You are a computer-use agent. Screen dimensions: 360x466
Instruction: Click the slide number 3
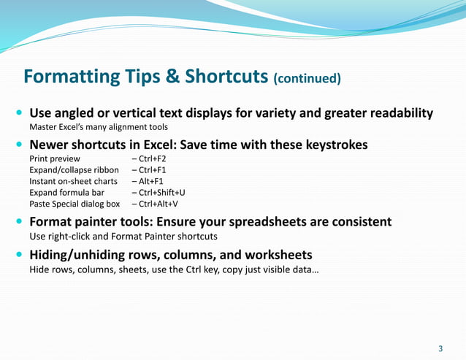[x=440, y=347]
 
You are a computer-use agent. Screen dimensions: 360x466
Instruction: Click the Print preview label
[x=55, y=158]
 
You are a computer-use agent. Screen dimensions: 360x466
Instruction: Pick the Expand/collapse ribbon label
[x=74, y=170]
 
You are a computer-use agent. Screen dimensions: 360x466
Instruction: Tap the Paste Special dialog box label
[x=75, y=204]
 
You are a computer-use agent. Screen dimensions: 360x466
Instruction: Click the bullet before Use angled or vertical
[x=19, y=114]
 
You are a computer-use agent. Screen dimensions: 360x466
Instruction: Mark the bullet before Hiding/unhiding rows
[x=19, y=256]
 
